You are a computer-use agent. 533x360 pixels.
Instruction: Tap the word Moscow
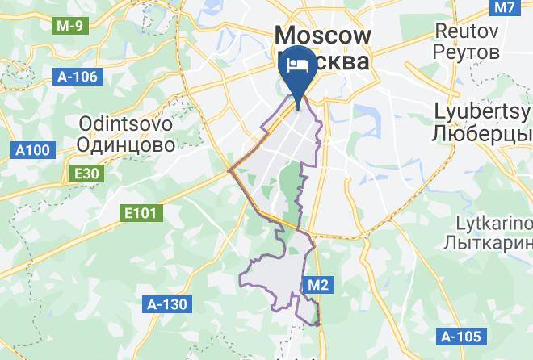(x=323, y=35)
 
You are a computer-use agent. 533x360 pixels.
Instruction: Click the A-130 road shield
(x=166, y=304)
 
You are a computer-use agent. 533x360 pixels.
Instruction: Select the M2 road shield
(x=317, y=283)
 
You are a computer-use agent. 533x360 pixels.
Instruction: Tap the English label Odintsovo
(x=125, y=125)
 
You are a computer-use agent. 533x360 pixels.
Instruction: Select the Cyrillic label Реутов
(x=467, y=52)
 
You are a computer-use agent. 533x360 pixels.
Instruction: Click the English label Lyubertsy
(x=483, y=110)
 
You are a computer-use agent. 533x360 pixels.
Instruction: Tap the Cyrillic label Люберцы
(x=483, y=131)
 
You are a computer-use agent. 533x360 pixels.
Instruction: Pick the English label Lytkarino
(x=488, y=221)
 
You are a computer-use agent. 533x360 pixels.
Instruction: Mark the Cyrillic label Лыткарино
(x=488, y=242)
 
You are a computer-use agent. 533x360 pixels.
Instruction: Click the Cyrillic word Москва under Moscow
(x=339, y=62)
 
